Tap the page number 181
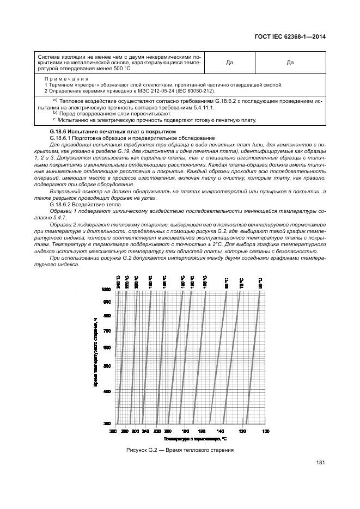point(321,463)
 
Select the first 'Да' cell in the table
point(230,63)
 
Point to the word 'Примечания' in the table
point(66,79)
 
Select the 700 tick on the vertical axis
point(107,330)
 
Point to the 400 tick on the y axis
point(107,391)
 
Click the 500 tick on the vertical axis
point(107,366)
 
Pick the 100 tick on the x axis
point(266,431)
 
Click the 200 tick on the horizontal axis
point(167,431)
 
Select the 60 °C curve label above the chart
point(260,283)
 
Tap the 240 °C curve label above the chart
point(118,283)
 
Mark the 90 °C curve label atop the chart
point(226,283)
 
